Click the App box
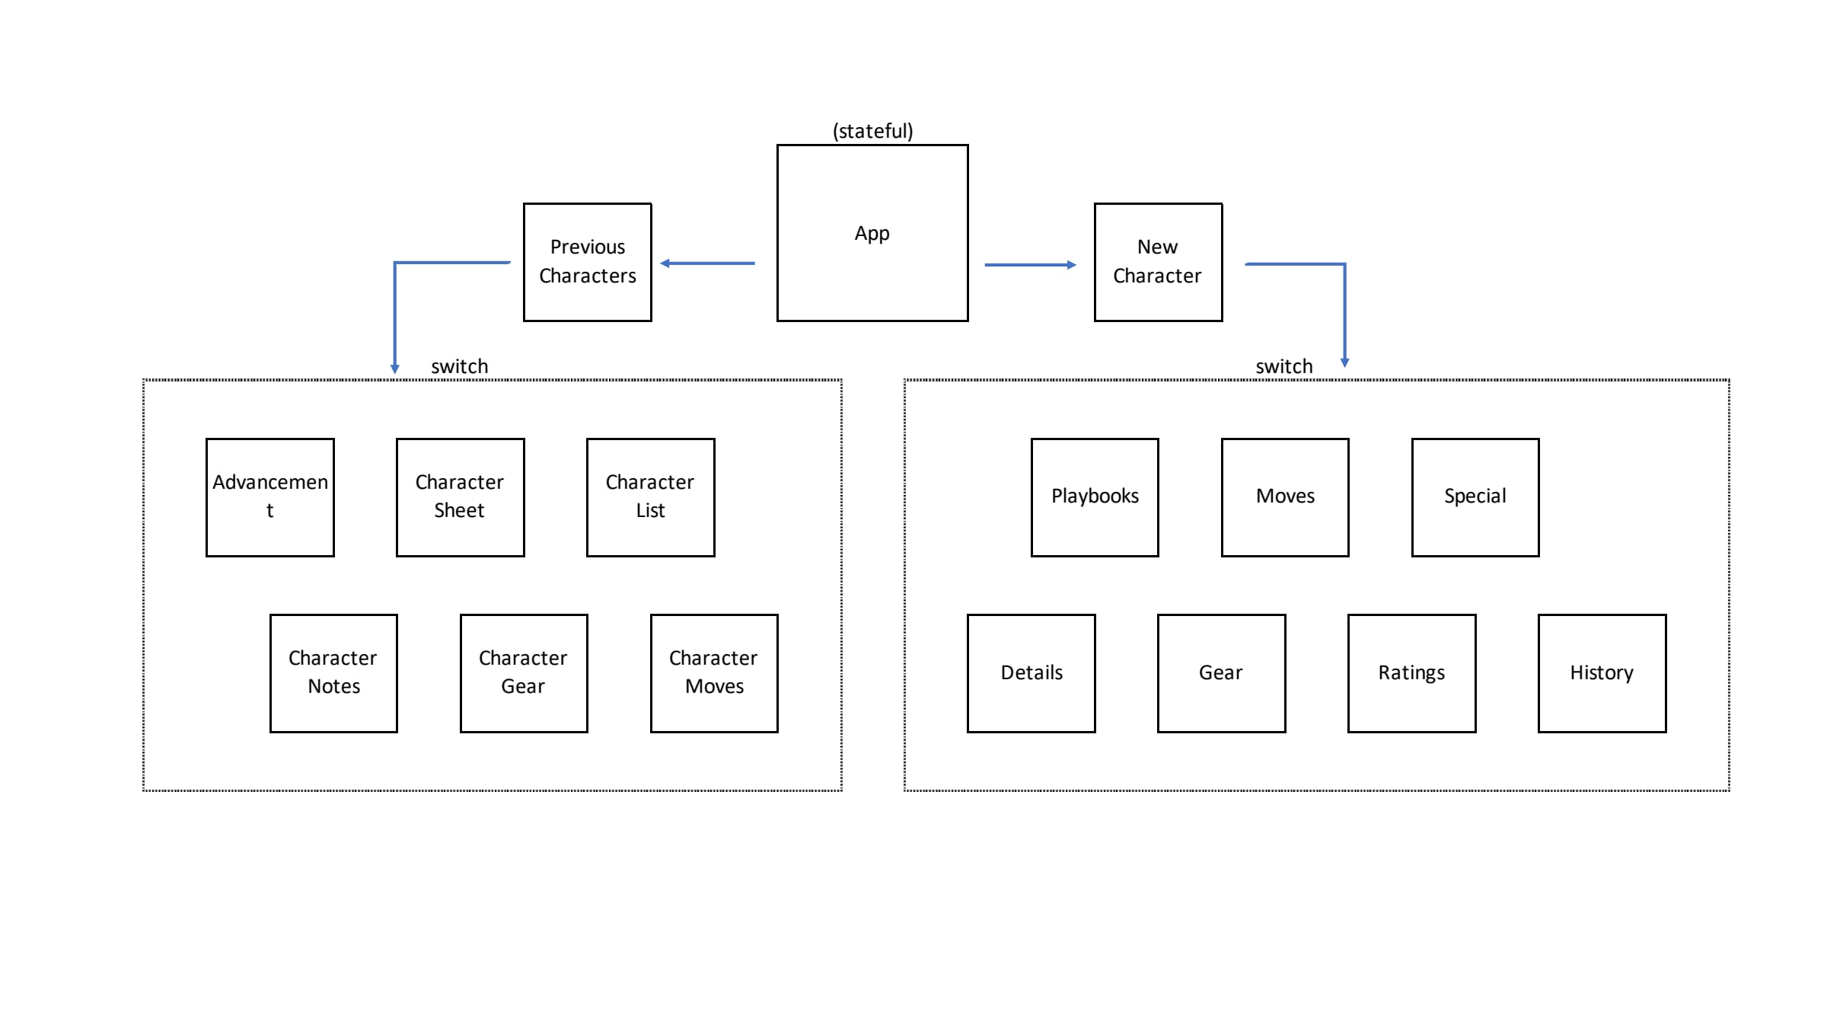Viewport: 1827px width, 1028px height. pyautogui.click(x=872, y=233)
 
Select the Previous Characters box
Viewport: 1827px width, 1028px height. pyautogui.click(x=587, y=262)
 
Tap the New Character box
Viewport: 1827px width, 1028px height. pyautogui.click(x=1158, y=262)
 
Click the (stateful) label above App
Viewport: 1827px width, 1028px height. pyautogui.click(x=872, y=131)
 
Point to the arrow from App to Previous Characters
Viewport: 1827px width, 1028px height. pyautogui.click(x=707, y=263)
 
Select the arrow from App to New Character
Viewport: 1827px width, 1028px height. pyautogui.click(x=1029, y=265)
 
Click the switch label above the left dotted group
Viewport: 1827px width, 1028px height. pyautogui.click(x=459, y=366)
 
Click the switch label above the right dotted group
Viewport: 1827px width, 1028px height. pyautogui.click(x=1283, y=366)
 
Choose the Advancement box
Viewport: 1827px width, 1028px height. pyautogui.click(x=270, y=497)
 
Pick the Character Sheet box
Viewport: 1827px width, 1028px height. pyautogui.click(x=460, y=497)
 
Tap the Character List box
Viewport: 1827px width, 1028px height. pyautogui.click(x=650, y=497)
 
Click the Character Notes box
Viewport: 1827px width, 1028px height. pyautogui.click(x=333, y=673)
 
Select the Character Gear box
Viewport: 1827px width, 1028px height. pyautogui.click(x=524, y=673)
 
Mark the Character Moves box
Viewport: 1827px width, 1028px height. pyautogui.click(x=714, y=673)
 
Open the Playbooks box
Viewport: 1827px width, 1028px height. pyautogui.click(x=1095, y=497)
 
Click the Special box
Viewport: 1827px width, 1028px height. pyautogui.click(x=1475, y=497)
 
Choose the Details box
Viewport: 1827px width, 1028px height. pyautogui.click(x=1031, y=673)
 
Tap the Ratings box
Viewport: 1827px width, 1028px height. pyautogui.click(x=1411, y=673)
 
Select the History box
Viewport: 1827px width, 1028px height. pyautogui.click(x=1602, y=673)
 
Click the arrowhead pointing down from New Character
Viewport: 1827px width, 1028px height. pyautogui.click(x=1344, y=362)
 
